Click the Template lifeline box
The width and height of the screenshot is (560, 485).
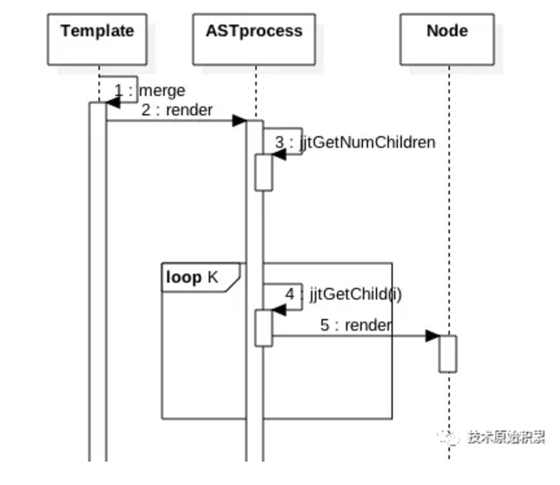click(x=97, y=39)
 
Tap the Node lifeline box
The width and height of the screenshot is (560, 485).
click(x=447, y=39)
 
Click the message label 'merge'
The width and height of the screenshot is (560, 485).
click(x=162, y=90)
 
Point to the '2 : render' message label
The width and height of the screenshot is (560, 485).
click(x=177, y=110)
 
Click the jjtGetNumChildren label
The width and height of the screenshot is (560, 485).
click(x=367, y=142)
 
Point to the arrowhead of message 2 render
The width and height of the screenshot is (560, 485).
click(x=239, y=121)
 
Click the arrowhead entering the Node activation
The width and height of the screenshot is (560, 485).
click(x=432, y=336)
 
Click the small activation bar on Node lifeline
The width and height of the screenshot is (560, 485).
click(x=448, y=353)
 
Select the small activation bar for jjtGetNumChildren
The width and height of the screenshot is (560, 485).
click(x=263, y=172)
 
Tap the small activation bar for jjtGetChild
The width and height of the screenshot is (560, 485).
click(x=263, y=328)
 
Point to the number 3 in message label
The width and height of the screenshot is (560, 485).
click(x=279, y=142)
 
